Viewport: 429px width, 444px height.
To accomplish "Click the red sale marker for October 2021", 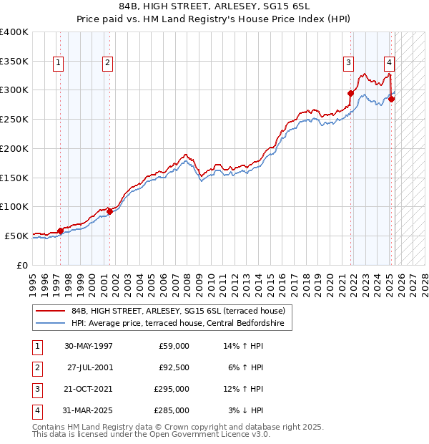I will point(351,92).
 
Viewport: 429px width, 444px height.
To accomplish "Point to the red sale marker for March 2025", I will point(392,99).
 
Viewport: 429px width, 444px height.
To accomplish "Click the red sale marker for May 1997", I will point(60,230).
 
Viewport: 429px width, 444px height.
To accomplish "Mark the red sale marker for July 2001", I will point(110,211).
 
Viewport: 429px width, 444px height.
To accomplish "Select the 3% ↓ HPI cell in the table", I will point(246,410).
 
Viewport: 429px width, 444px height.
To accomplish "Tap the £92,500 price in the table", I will point(174,368).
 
